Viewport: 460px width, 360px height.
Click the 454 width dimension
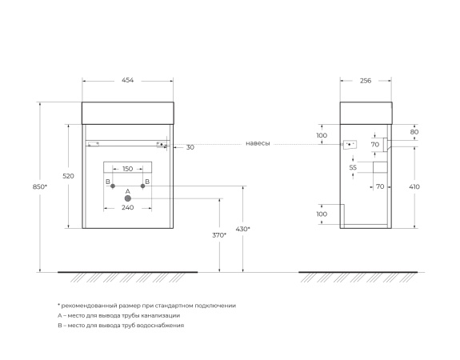point(127,81)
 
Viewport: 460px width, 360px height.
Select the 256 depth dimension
point(366,81)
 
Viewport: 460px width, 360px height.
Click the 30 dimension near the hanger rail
point(190,147)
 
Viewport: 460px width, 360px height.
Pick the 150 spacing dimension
point(127,169)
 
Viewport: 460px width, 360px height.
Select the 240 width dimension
point(127,207)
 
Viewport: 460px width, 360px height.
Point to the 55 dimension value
point(353,168)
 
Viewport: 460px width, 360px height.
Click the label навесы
point(258,144)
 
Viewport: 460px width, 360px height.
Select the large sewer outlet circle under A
point(127,198)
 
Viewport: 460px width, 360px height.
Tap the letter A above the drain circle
point(127,190)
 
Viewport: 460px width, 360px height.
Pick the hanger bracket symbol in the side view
point(350,145)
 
